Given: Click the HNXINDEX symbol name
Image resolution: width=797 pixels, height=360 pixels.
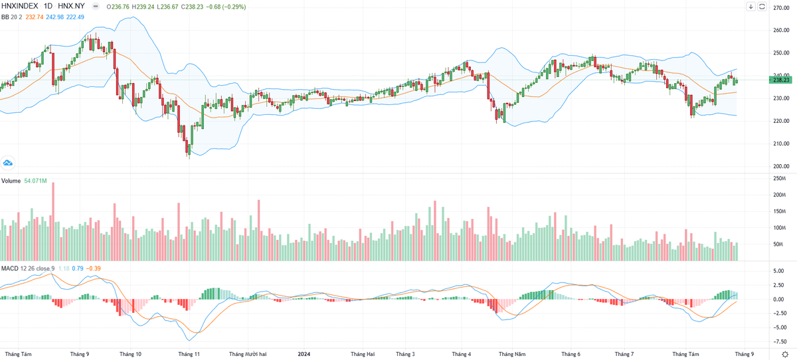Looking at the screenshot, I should tap(20, 7).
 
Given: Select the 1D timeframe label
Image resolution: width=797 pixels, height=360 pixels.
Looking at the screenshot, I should tap(50, 7).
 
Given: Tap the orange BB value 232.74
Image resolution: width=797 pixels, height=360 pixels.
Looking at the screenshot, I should tap(32, 17).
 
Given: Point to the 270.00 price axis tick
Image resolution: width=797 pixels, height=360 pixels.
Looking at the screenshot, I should tap(780, 8).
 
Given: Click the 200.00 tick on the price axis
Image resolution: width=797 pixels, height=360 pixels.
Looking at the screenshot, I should tap(780, 166).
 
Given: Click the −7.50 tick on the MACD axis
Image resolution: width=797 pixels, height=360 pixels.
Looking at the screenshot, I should tap(778, 342).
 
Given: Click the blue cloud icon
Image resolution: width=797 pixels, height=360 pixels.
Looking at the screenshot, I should tap(9, 163).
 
